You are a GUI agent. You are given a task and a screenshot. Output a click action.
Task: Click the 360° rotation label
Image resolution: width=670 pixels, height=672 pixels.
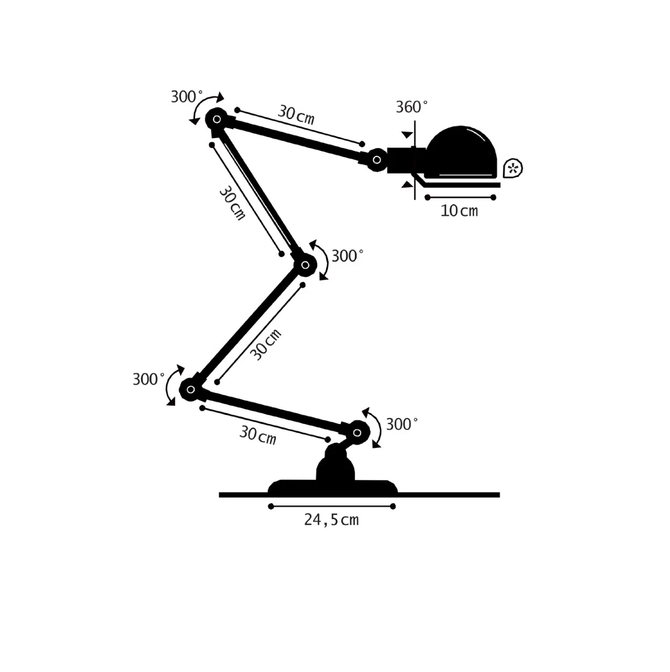click(x=412, y=107)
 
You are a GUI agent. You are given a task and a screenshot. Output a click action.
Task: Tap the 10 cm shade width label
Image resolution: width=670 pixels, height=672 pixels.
click(x=459, y=211)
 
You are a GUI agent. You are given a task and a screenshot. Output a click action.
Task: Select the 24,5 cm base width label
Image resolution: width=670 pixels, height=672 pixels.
click(x=331, y=520)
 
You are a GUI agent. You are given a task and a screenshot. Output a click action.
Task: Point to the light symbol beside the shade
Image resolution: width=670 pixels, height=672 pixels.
click(x=513, y=168)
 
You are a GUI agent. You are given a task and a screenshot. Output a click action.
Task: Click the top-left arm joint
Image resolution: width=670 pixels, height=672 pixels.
click(x=216, y=119)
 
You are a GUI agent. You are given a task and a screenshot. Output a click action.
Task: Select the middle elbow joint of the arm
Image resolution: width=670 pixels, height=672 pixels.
click(x=305, y=265)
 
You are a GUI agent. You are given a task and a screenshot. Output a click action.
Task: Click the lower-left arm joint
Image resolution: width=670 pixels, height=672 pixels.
click(x=190, y=390)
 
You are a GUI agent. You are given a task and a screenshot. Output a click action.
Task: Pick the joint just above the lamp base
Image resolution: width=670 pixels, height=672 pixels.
click(x=358, y=433)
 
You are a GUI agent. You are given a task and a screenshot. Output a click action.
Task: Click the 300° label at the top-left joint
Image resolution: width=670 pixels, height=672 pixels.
click(x=186, y=97)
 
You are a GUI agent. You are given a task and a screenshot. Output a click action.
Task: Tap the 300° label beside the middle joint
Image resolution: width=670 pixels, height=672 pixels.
click(x=348, y=256)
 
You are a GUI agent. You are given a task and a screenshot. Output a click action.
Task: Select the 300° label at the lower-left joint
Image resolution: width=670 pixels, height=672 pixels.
click(x=149, y=379)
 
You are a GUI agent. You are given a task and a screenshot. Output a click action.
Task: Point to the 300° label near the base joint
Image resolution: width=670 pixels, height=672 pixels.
click(x=402, y=424)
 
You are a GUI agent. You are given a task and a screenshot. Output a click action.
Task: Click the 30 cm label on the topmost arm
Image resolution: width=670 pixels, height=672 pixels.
click(x=296, y=115)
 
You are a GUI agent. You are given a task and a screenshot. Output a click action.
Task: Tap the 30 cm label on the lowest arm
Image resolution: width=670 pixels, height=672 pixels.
click(x=258, y=435)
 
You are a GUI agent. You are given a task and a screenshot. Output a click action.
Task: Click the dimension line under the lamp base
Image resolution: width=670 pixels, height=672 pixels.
click(x=332, y=506)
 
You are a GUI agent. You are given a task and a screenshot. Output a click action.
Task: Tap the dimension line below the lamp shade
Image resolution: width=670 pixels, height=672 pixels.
click(x=460, y=197)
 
